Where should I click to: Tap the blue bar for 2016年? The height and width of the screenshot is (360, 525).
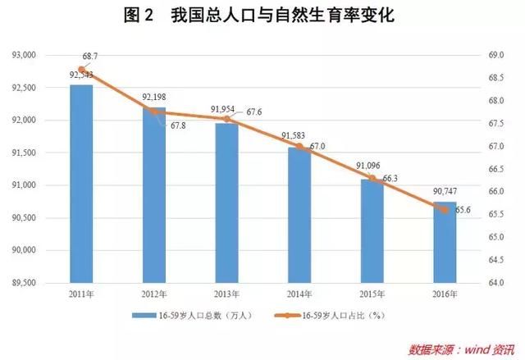coord(444,242)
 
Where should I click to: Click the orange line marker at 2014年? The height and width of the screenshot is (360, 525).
coord(299,147)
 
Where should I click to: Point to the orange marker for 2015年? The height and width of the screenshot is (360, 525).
coord(372,178)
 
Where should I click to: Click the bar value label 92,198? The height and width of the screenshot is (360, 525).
coord(154,97)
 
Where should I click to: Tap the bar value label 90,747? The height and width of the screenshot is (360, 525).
coord(444,193)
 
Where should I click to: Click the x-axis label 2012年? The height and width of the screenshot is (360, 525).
coord(154,294)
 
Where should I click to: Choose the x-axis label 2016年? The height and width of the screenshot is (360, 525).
coord(444,294)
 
